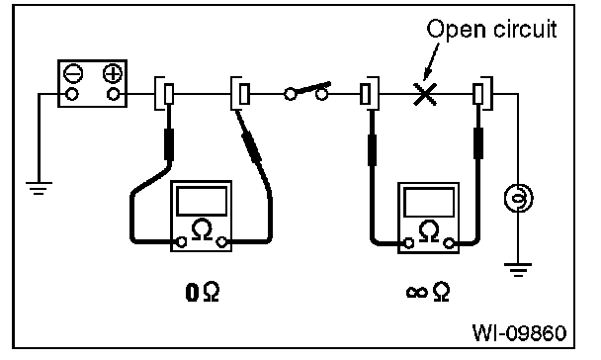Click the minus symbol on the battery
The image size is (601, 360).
coord(73,73)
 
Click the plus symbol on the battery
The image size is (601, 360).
coord(113,73)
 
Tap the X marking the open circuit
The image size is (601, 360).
coord(425,94)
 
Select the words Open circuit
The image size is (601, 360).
coord(491,29)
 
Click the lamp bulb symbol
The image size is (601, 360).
coord(518,198)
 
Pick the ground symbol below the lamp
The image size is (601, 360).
coord(518,270)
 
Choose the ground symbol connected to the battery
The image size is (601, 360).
coord(39,188)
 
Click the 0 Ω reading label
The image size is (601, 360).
coord(203,292)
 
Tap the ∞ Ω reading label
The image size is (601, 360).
coord(428,292)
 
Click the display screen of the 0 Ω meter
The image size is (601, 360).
coord(202,202)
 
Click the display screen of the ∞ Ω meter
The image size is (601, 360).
coord(429,203)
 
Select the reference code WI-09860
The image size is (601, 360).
coord(519,332)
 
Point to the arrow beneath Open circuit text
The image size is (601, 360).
coord(431,61)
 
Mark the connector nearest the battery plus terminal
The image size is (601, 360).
coord(165,94)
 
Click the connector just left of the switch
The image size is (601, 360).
coord(241,94)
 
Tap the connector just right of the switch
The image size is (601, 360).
coord(370,94)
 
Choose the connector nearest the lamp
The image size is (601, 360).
coord(483,94)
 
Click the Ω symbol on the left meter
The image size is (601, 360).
coord(202,229)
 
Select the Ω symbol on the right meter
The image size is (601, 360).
coord(429,231)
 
